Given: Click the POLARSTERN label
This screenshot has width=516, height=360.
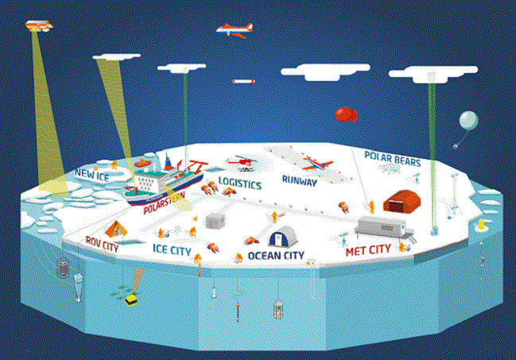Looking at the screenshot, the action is click(165, 202).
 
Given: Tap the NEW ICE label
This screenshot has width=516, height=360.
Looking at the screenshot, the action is click(91, 175).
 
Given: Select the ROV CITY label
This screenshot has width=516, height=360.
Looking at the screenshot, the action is click(102, 244).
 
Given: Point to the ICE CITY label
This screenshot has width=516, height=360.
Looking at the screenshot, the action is click(172, 250).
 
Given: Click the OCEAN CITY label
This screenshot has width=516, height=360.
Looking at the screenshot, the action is click(276, 256).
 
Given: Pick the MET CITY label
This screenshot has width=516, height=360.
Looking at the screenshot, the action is click(368, 250).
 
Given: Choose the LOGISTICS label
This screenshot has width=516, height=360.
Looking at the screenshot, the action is click(240, 183).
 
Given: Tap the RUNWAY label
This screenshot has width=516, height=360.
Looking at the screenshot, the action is click(300, 180).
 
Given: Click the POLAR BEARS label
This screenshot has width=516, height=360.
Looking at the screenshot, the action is click(393, 159).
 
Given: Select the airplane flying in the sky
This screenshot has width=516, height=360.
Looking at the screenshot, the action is click(235, 30).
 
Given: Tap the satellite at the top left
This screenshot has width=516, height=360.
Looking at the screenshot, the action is click(39, 25).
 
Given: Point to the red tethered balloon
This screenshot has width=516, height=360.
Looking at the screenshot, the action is click(346, 114).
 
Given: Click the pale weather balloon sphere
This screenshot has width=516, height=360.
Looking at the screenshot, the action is click(468, 120).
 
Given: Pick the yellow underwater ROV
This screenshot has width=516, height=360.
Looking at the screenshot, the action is click(132, 300).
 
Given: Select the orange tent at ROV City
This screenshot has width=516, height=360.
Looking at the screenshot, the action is click(116, 229).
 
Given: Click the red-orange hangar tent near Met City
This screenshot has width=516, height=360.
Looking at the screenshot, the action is click(402, 201).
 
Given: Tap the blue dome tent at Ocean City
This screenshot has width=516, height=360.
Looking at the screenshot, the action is click(283, 236).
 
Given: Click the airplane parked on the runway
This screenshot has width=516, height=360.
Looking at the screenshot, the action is click(316, 164).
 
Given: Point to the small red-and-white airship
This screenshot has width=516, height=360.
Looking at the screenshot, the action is click(243, 81).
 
